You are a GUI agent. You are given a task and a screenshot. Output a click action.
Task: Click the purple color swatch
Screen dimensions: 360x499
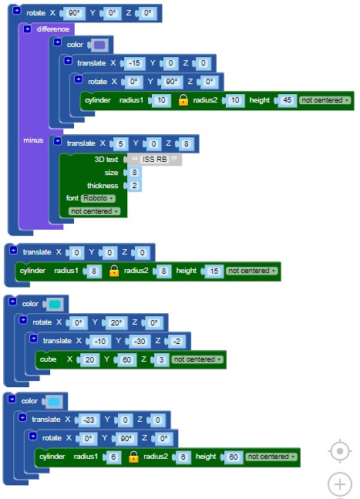coord(99,45)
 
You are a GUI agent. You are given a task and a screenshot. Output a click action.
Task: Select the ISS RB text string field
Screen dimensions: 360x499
coord(154,159)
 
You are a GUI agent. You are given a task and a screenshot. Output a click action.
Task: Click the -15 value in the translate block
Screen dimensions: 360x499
coord(134,63)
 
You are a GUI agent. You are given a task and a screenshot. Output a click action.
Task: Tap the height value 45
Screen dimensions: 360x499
coord(288,100)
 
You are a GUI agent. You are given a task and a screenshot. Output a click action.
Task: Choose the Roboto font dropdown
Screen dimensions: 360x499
coord(98,198)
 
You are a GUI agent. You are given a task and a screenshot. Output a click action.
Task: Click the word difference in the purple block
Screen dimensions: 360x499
coord(52,29)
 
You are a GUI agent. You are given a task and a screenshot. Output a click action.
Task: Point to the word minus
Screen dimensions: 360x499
coord(33,140)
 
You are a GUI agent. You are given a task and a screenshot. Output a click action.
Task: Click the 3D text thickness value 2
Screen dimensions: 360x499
coord(135,186)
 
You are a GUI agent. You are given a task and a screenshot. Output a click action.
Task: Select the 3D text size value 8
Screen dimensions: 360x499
coord(135,173)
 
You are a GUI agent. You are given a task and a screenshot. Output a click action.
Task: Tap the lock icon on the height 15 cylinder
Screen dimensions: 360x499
coord(114,271)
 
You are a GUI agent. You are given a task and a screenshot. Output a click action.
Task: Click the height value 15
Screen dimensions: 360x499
coord(214,271)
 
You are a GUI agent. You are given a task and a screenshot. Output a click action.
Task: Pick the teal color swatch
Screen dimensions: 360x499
coord(55,304)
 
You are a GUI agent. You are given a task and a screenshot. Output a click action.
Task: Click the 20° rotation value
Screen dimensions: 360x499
coord(116,322)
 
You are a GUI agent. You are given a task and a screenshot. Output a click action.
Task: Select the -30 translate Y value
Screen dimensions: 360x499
coord(140,341)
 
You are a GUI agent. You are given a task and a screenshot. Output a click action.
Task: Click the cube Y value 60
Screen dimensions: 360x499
coord(126,359)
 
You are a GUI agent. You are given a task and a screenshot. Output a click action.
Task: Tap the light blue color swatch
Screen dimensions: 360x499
coord(54,401)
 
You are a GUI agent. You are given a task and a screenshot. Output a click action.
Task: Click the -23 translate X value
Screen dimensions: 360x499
coord(89,420)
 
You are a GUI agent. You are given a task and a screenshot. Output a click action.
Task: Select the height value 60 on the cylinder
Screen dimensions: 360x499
coord(234,457)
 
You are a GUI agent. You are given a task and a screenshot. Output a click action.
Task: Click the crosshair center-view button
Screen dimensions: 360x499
coord(340,451)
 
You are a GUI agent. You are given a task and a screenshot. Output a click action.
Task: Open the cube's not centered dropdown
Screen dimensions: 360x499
coord(197,359)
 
